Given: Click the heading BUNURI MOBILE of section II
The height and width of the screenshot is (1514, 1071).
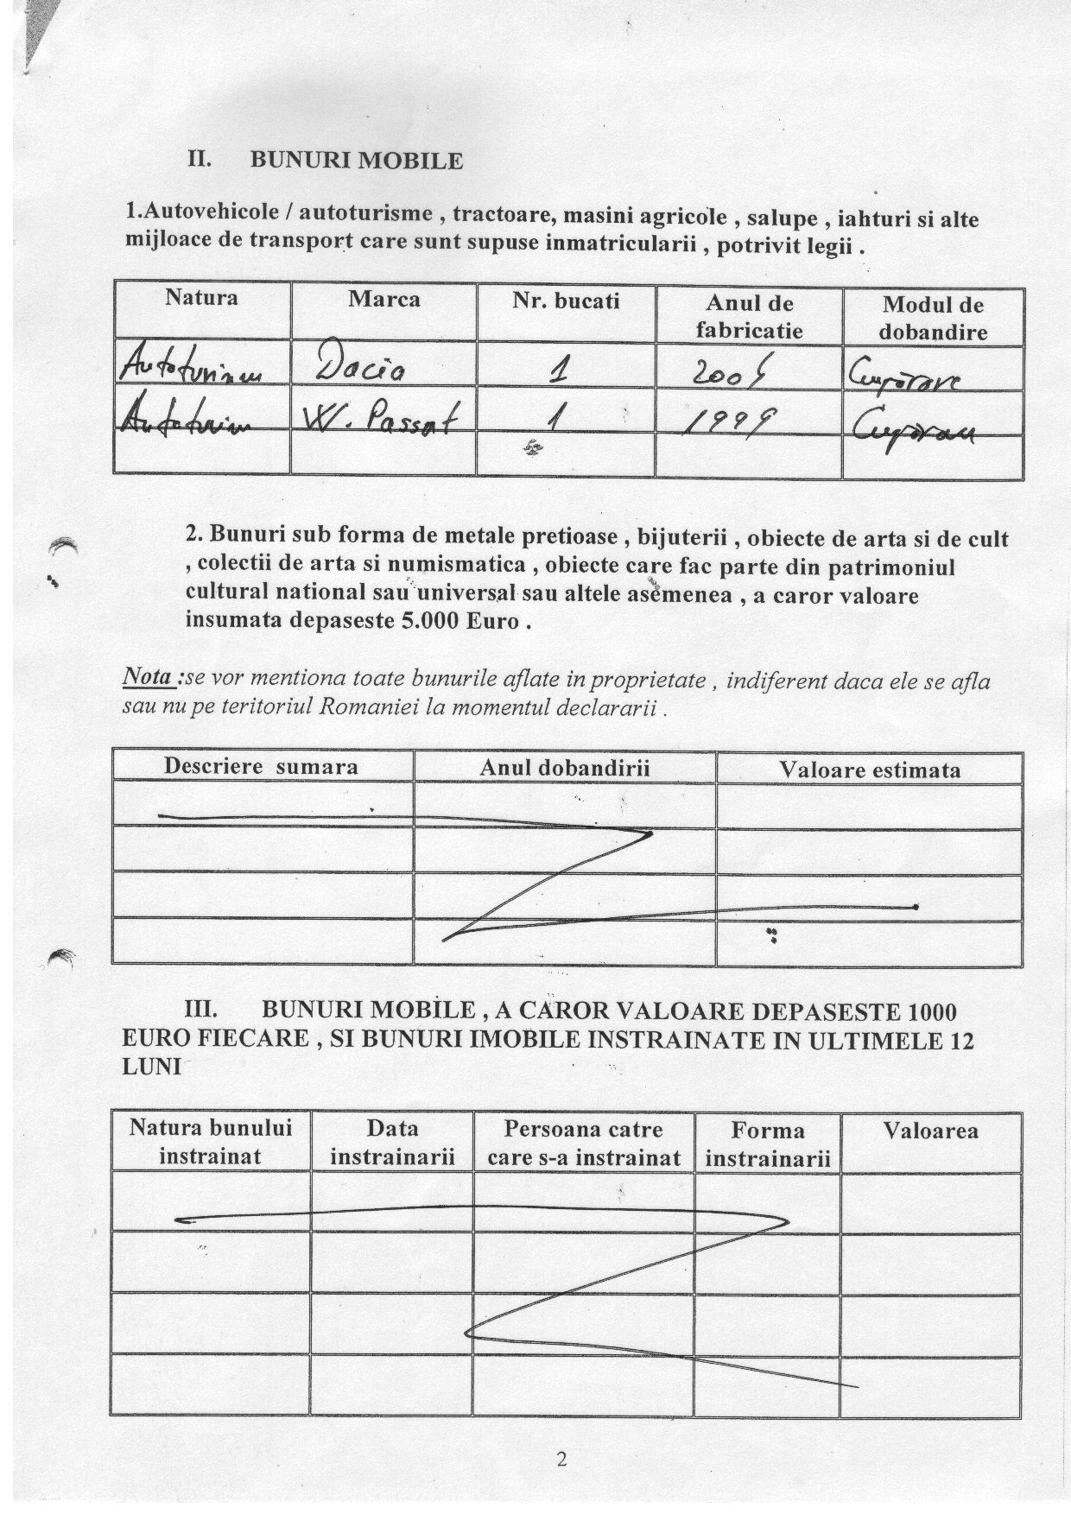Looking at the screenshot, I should pos(356,161).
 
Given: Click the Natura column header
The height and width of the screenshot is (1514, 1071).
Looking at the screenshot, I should pos(201,298).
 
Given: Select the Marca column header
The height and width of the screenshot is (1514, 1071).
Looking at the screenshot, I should pos(384,299).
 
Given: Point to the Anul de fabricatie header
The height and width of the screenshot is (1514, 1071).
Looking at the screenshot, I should pos(749,316).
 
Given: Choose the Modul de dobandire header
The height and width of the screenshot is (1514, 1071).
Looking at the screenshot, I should pos(933,318).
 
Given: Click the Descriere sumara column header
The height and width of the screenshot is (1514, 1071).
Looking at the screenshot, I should pos(261,766).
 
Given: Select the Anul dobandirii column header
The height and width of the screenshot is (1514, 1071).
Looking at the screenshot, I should pos(565,768).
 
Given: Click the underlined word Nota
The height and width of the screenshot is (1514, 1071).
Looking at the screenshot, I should pos(149,678).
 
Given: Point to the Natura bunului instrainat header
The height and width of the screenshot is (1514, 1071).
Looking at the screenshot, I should pos(211,1142).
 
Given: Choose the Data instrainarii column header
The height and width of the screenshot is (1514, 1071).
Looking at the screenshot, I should pos(392,1143).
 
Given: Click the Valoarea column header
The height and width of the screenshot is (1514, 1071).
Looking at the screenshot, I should pos(931,1131).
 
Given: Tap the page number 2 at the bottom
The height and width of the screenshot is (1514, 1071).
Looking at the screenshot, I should pos(562,1460).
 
